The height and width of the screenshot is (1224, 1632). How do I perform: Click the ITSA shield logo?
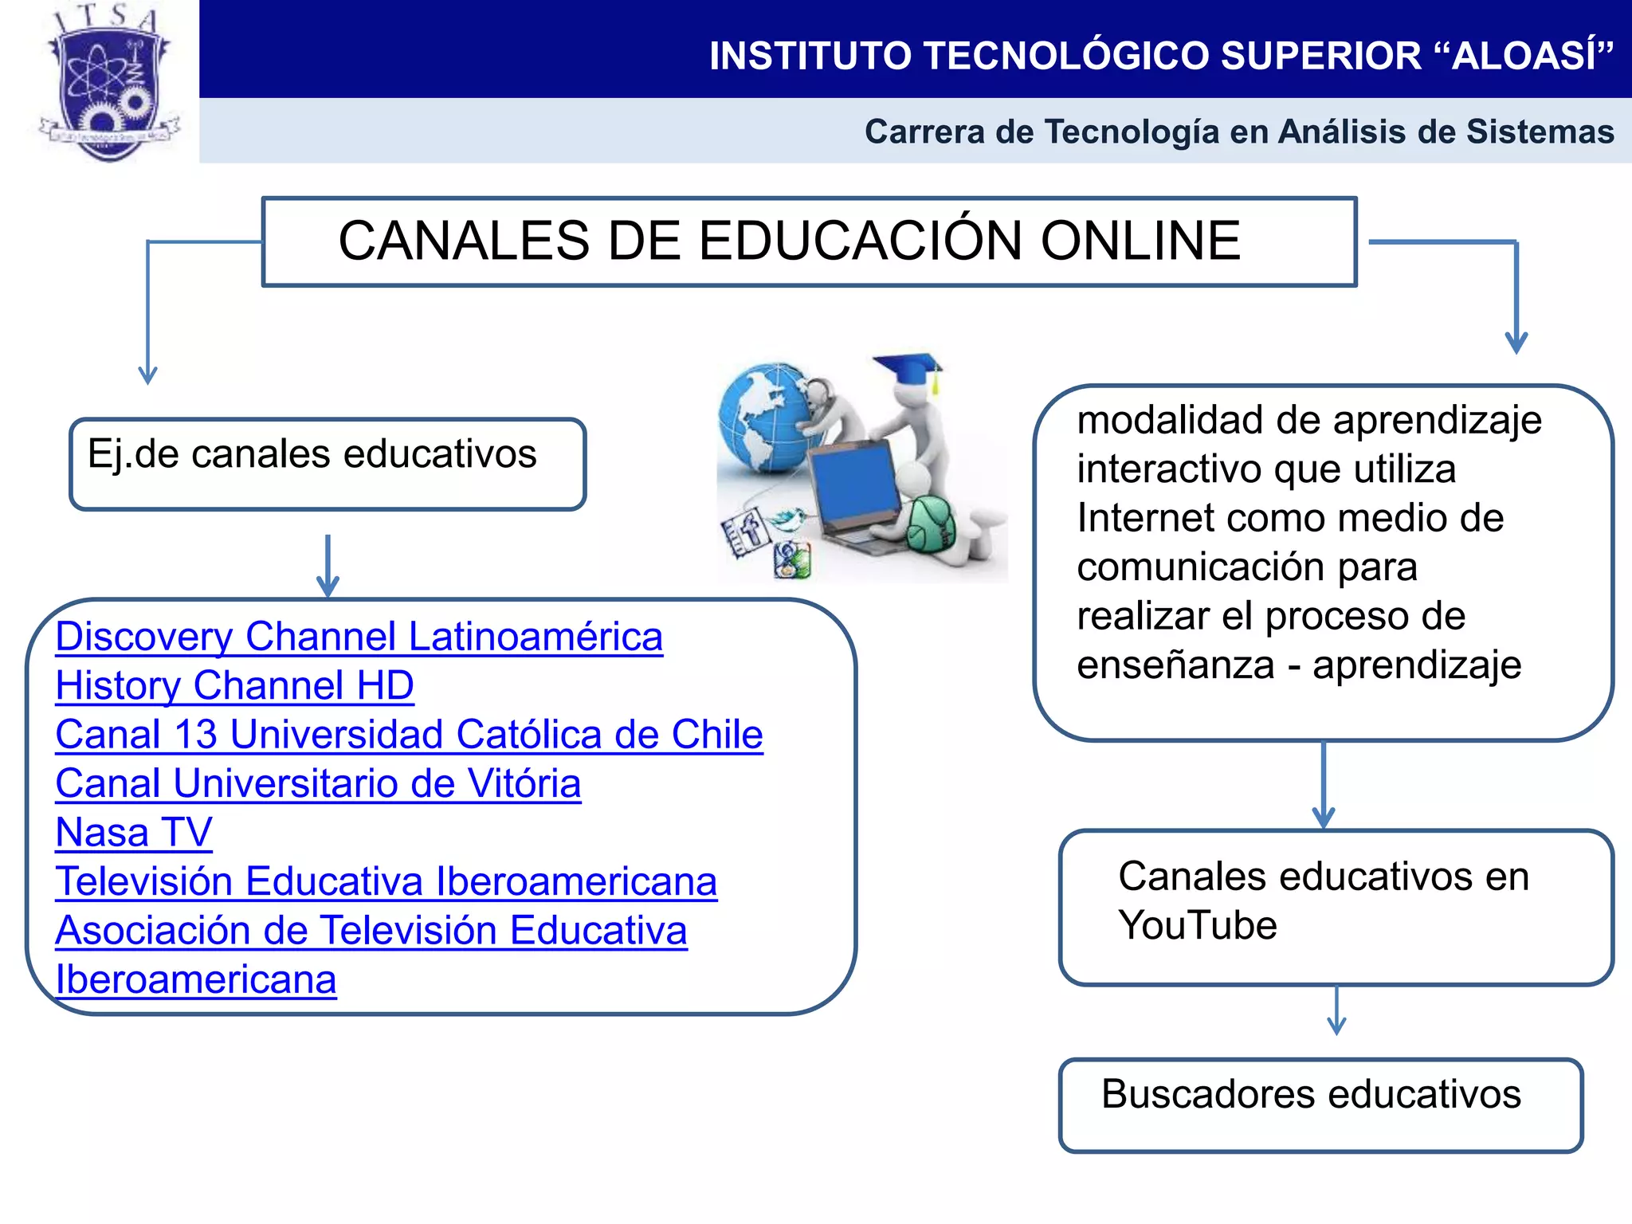click(110, 84)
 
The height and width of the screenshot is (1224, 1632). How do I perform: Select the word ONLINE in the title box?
click(1140, 241)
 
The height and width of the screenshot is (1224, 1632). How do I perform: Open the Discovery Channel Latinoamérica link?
click(359, 637)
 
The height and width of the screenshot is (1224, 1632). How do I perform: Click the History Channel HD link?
click(234, 686)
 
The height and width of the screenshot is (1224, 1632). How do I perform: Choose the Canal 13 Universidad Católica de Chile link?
click(409, 735)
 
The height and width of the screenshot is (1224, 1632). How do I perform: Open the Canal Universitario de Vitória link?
click(318, 784)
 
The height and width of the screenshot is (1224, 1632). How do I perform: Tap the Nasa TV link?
click(134, 833)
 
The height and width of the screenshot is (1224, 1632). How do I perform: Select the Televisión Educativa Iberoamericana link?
click(386, 882)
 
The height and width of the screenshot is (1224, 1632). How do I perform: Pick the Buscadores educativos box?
click(1320, 1104)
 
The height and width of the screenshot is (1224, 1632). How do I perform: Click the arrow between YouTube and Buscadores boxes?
click(1336, 1011)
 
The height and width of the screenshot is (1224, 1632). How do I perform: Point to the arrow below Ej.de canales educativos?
click(328, 566)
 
